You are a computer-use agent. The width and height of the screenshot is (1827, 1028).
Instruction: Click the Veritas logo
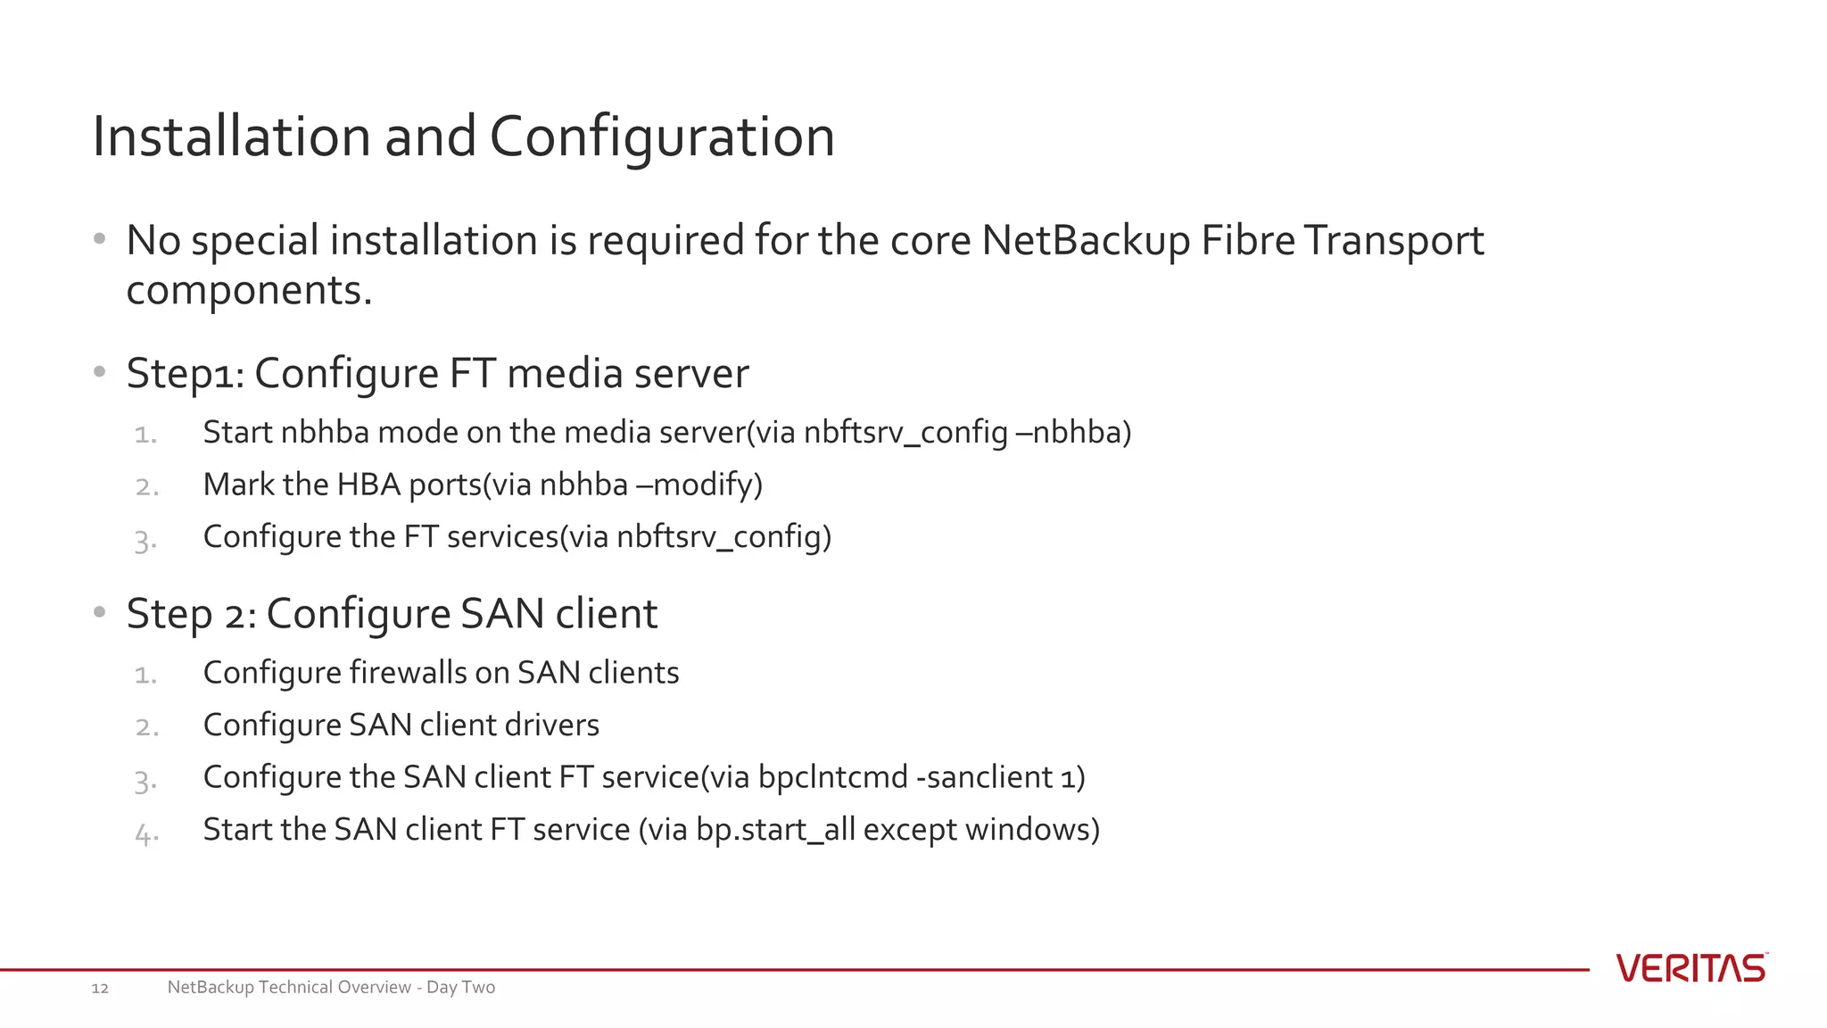coord(1691,968)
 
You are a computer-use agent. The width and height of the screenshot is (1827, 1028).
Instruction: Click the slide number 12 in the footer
coord(100,988)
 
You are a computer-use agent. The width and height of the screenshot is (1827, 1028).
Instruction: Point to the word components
coord(248,291)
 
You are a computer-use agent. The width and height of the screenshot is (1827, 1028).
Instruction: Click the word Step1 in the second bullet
coord(183,374)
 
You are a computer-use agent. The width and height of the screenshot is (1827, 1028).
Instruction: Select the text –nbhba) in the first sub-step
coord(1073,433)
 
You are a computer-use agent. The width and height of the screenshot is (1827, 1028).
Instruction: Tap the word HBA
coord(368,485)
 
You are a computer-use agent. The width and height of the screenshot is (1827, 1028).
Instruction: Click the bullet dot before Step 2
coord(100,613)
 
